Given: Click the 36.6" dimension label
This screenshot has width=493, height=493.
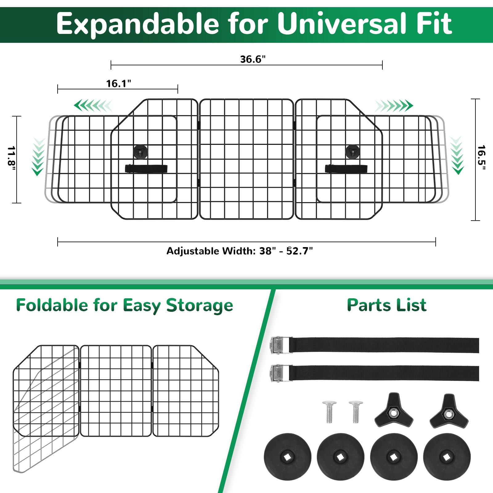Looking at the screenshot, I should coord(253,59).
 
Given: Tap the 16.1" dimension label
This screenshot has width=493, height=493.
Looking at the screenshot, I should coord(119,84).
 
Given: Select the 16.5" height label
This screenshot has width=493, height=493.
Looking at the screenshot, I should coord(481,157).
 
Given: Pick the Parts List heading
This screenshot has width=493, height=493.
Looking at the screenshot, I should coord(387,305).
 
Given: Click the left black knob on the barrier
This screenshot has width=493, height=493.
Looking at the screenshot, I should coord(141,151).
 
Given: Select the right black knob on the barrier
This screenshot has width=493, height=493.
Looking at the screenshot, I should coord(352,151).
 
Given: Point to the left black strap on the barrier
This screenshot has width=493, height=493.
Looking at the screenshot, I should coord(146,169).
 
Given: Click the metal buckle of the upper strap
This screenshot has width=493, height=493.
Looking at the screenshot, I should coord(280,345).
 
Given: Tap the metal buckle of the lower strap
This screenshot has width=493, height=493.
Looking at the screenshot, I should coord(280,373).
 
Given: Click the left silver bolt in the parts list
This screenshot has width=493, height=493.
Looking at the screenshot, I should coord(329,411).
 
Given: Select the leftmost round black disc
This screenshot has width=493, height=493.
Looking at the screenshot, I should coord(287,457).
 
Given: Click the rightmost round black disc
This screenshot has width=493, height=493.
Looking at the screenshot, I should coord(447,457).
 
